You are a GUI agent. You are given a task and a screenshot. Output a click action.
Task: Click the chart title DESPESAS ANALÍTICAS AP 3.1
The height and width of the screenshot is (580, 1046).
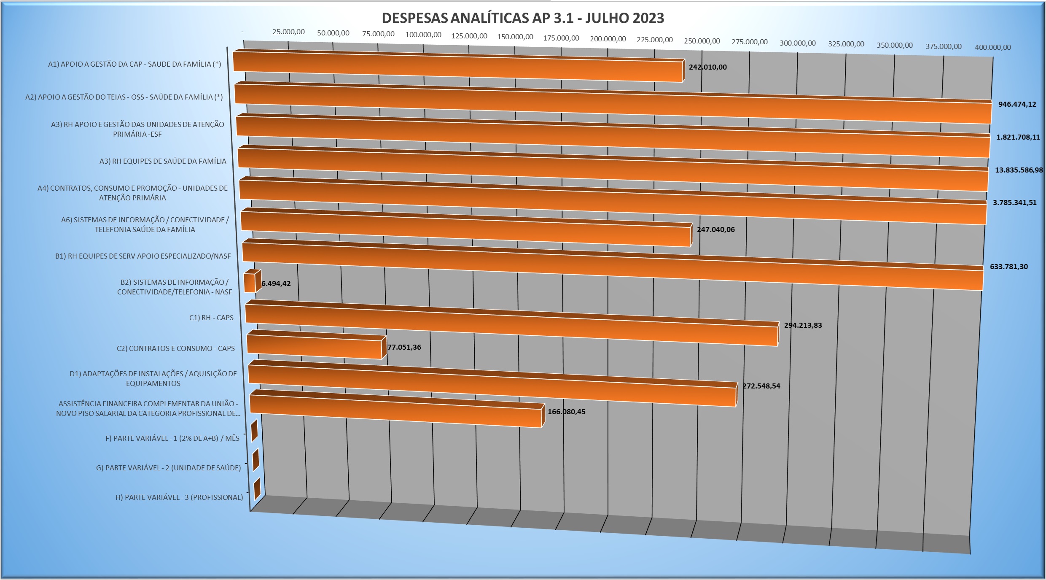tap(523, 18)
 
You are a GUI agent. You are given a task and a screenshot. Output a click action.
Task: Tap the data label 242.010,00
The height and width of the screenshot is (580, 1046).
tap(707, 67)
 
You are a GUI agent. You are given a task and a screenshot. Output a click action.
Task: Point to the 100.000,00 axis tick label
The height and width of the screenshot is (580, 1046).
tap(423, 35)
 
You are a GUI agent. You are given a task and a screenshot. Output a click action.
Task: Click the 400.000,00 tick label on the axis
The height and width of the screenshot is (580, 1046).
tap(992, 47)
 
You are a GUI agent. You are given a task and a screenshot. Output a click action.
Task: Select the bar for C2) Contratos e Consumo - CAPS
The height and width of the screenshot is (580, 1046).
tap(314, 348)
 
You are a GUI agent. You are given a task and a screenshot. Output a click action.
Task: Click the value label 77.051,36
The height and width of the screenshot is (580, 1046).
tap(404, 347)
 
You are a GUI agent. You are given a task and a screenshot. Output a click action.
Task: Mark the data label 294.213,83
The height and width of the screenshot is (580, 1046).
tap(803, 325)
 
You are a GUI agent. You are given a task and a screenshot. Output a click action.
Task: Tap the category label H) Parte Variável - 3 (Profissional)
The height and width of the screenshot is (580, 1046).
tap(179, 497)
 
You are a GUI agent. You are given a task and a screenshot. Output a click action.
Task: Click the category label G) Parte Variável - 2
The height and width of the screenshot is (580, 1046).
tap(168, 468)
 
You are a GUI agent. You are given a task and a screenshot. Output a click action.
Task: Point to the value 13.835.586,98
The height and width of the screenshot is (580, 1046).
tap(1019, 170)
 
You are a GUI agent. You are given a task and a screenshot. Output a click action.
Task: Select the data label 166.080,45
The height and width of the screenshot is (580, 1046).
tap(566, 412)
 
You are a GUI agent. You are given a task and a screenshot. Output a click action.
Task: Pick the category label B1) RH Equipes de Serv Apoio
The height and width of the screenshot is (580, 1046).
tap(143, 256)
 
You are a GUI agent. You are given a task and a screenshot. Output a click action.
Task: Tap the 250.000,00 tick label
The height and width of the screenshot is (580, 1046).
tap(702, 41)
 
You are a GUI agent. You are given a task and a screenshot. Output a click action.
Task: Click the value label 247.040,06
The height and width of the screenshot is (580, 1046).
tap(715, 229)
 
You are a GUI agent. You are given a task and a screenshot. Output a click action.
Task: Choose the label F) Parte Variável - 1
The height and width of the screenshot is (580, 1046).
tap(172, 438)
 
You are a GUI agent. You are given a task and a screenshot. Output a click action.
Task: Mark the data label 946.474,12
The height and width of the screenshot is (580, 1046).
tap(1017, 104)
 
